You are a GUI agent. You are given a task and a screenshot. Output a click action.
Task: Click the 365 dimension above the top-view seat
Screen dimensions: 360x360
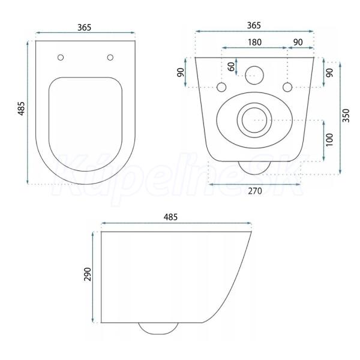coord(84,28)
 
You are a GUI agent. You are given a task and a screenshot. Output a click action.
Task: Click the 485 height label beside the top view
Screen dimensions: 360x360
coord(22,109)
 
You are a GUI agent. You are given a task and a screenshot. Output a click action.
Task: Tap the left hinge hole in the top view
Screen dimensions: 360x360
coord(61,58)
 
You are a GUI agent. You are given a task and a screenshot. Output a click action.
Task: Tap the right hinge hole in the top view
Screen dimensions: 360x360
coord(110,58)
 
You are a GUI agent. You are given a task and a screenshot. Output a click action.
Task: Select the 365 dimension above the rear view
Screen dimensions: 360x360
coord(254,25)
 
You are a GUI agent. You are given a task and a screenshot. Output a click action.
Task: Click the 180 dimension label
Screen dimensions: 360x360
coord(254,42)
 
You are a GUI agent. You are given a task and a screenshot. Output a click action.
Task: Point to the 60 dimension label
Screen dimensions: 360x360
coord(232,67)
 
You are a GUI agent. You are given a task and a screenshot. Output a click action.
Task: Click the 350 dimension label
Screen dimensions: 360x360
coord(346,115)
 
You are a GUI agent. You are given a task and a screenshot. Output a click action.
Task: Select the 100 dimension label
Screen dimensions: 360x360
coord(329,140)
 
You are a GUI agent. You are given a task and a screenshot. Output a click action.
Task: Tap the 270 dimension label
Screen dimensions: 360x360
coord(255,191)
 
